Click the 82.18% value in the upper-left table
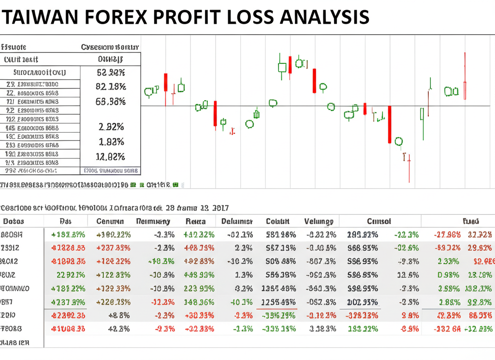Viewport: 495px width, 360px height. (111, 87)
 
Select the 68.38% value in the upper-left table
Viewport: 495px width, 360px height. (111, 102)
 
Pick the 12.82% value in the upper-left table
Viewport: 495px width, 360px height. (111, 157)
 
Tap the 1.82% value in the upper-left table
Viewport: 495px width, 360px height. (111, 142)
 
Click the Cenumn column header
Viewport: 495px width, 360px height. (110, 221)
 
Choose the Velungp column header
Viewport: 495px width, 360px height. (319, 221)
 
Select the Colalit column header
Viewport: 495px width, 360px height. (277, 221)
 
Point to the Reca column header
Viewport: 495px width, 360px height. (195, 221)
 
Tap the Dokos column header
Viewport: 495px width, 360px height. (14, 221)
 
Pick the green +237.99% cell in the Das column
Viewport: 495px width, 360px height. (68, 302)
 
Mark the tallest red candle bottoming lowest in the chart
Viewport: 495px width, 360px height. (389, 124)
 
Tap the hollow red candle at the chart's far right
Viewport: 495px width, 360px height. (465, 90)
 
